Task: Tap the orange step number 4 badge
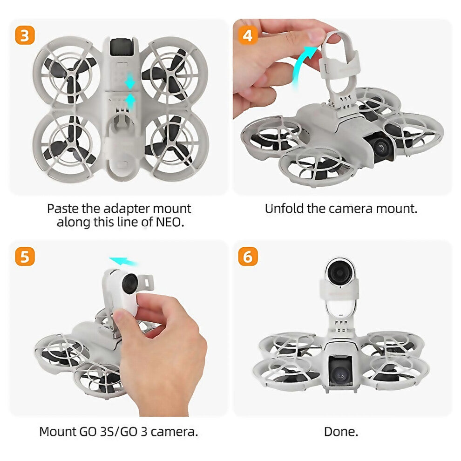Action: tap(247, 35)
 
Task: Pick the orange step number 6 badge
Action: tap(247, 257)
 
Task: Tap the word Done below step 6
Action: tap(341, 432)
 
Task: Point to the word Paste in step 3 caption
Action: tap(62, 208)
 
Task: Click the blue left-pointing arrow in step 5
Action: tap(121, 261)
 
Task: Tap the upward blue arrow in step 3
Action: tap(131, 101)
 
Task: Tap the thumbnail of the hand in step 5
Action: tap(161, 354)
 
